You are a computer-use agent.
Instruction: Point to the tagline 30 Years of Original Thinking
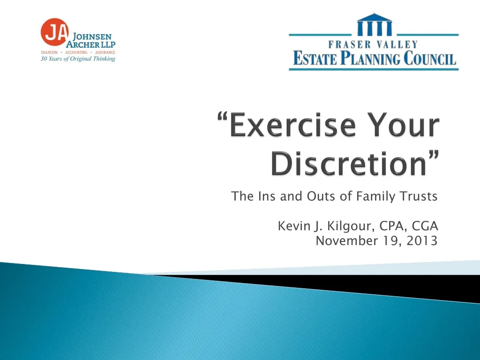click(x=78, y=59)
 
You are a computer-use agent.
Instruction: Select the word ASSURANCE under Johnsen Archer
click(x=105, y=52)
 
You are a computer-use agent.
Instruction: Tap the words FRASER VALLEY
click(x=374, y=45)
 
